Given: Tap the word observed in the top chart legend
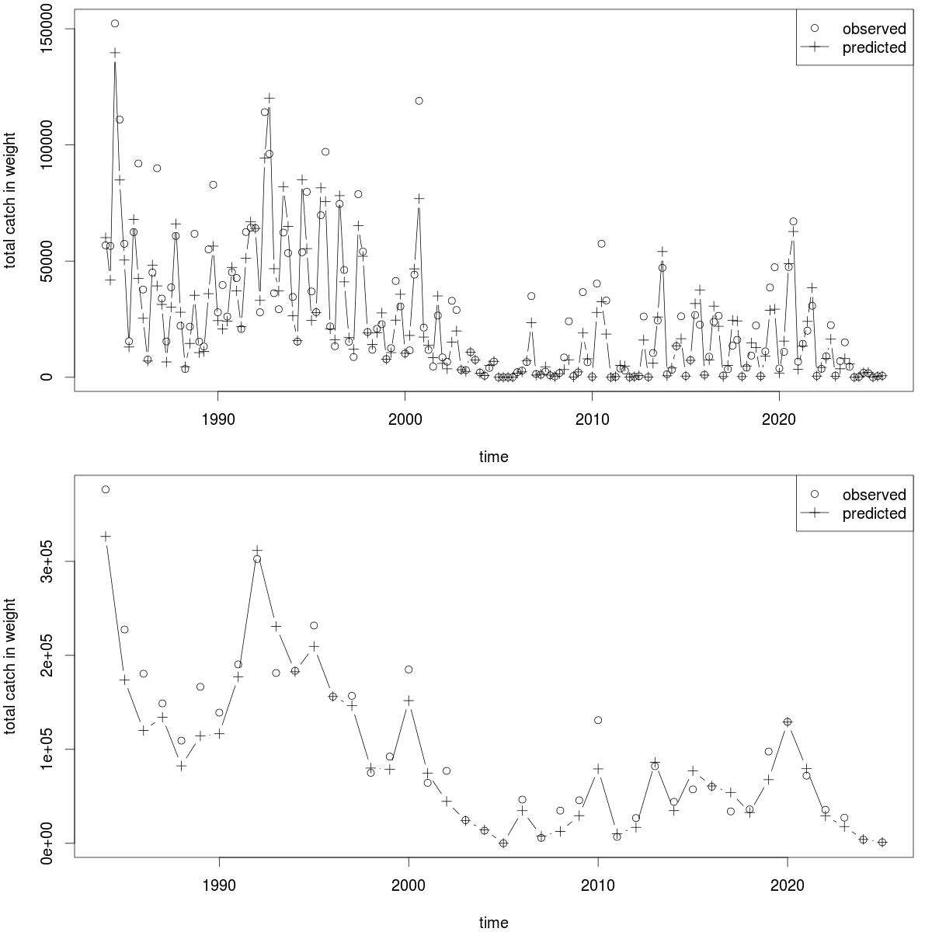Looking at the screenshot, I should pyautogui.click(x=875, y=29).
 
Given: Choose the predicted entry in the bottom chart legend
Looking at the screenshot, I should pyautogui.click(x=875, y=513).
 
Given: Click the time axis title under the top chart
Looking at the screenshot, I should pyautogui.click(x=493, y=457).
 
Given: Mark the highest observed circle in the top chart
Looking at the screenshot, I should pyautogui.click(x=115, y=23).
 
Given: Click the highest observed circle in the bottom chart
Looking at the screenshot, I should pyautogui.click(x=106, y=489).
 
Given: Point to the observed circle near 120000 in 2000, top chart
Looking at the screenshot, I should pyautogui.click(x=419, y=100).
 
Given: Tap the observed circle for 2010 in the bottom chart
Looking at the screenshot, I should pyautogui.click(x=598, y=720).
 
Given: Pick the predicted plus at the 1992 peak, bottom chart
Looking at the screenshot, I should pyautogui.click(x=257, y=550).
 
